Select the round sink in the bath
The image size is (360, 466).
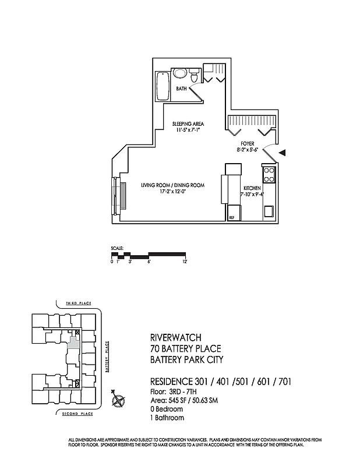pyautogui.click(x=180, y=74)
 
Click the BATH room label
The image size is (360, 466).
pyautogui.click(x=182, y=89)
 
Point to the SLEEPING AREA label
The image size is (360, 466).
pyautogui.click(x=188, y=123)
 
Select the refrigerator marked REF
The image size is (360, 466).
pyautogui.click(x=232, y=217)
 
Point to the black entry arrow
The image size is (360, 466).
pyautogui.click(x=282, y=153)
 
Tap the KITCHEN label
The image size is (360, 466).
pyautogui.click(x=252, y=188)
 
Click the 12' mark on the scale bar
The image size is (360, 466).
pyautogui.click(x=185, y=262)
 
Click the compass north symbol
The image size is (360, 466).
pyautogui.click(x=119, y=400)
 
